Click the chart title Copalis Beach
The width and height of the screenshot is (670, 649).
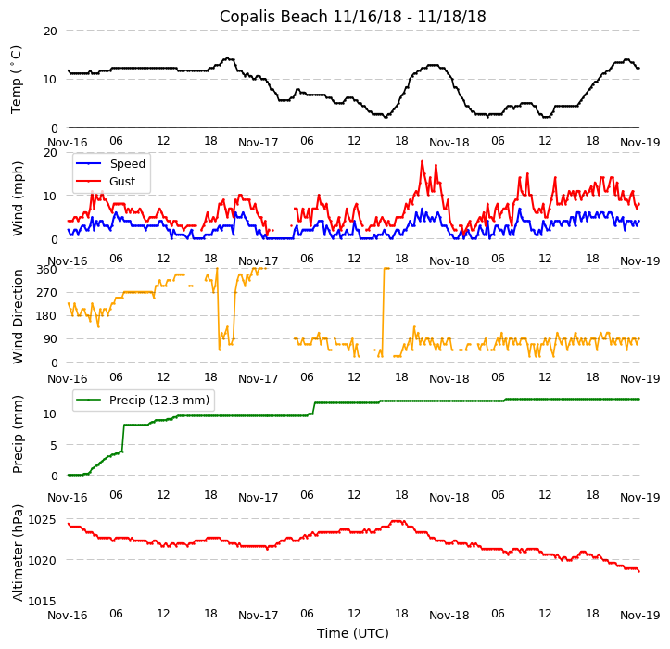click(x=352, y=17)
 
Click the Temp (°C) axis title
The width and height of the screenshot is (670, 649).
click(x=17, y=80)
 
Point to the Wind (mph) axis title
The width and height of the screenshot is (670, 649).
click(x=17, y=197)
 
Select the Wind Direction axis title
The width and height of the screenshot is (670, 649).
click(x=17, y=316)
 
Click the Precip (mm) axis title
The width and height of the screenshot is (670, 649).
click(x=17, y=434)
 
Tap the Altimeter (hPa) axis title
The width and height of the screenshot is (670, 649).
click(x=17, y=554)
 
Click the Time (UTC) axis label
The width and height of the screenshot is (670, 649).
click(x=352, y=633)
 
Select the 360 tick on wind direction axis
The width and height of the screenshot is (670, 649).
click(x=47, y=269)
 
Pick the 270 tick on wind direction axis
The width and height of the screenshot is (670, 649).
click(x=47, y=292)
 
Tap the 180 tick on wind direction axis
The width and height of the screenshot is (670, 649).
click(x=47, y=316)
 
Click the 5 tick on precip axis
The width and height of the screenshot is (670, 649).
click(x=54, y=444)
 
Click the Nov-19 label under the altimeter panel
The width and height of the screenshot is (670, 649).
click(x=640, y=615)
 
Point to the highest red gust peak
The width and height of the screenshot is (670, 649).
click(x=422, y=162)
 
